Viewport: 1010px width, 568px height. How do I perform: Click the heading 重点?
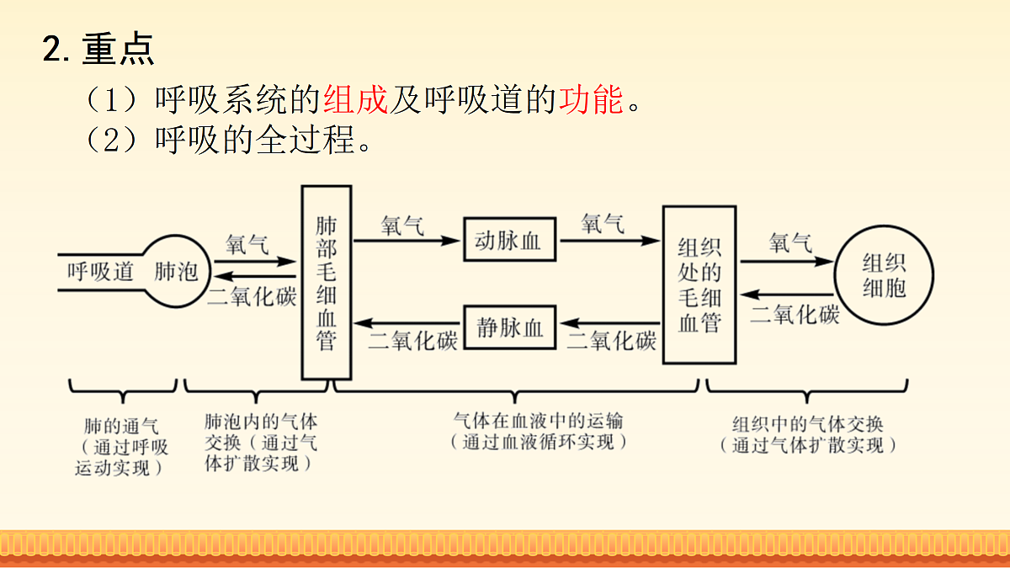pyautogui.click(x=118, y=49)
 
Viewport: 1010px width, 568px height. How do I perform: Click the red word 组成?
pyautogui.click(x=355, y=99)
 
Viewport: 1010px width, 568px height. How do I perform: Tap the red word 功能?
pyautogui.click(x=591, y=99)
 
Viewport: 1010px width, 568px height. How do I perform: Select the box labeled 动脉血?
pyautogui.click(x=509, y=239)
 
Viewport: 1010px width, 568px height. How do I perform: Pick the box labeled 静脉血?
pyautogui.click(x=509, y=327)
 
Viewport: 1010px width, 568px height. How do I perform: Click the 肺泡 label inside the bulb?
pyautogui.click(x=176, y=271)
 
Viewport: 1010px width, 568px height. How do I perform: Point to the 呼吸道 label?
pyautogui.click(x=100, y=271)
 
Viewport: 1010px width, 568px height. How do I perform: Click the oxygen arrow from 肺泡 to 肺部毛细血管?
pyautogui.click(x=255, y=262)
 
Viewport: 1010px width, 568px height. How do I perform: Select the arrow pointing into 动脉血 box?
pyautogui.click(x=407, y=241)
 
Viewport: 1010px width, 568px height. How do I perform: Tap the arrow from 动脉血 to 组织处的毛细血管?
pyautogui.click(x=610, y=241)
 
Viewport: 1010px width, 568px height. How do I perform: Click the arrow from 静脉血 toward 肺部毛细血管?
pyautogui.click(x=407, y=323)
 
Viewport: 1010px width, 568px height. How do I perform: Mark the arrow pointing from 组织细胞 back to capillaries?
pyautogui.click(x=787, y=295)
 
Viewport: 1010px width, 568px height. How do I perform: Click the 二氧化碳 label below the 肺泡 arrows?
pyautogui.click(x=252, y=296)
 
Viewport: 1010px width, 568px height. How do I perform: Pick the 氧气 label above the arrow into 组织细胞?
pyautogui.click(x=790, y=243)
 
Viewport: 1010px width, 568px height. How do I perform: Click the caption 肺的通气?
pyautogui.click(x=121, y=426)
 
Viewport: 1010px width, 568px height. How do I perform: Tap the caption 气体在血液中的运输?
pyautogui.click(x=538, y=421)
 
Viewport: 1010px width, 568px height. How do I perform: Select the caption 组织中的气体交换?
pyautogui.click(x=807, y=424)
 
